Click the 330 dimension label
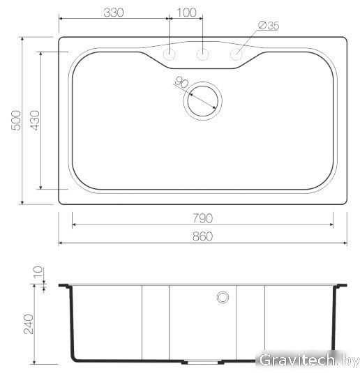tap(114, 13)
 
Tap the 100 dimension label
tap(187, 13)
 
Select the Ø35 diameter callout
tap(269, 26)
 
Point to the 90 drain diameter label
tap(181, 82)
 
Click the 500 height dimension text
tap(16, 121)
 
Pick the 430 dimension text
tap(35, 121)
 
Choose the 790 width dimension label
tap(202, 218)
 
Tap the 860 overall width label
tap(202, 236)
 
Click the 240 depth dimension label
tap(29, 324)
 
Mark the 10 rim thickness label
tap(38, 272)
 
